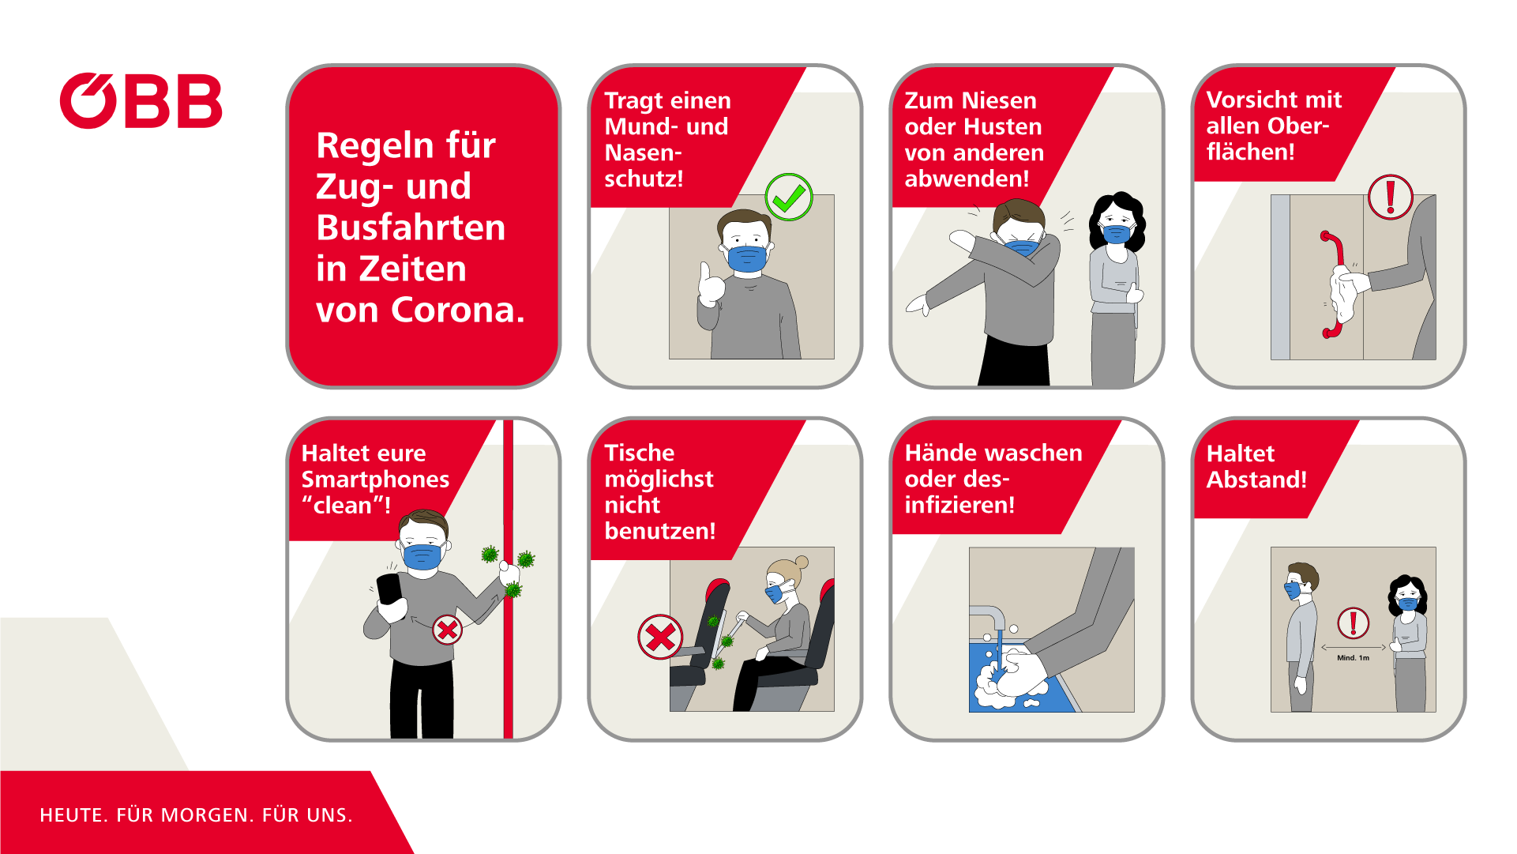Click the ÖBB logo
click(x=141, y=101)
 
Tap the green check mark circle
click(x=788, y=197)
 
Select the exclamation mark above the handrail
click(x=1390, y=196)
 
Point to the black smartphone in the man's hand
click(x=389, y=589)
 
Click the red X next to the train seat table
click(x=660, y=637)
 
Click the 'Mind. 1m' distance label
click(x=1353, y=657)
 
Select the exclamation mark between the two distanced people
click(x=1353, y=623)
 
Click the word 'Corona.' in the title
click(x=458, y=310)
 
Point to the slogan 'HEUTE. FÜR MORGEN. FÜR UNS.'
click(x=196, y=815)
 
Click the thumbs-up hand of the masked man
click(x=712, y=284)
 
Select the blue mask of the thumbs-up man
click(x=747, y=258)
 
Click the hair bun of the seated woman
click(x=802, y=562)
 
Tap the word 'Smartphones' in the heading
click(x=375, y=480)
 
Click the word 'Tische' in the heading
click(x=639, y=453)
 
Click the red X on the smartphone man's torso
click(x=448, y=630)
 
